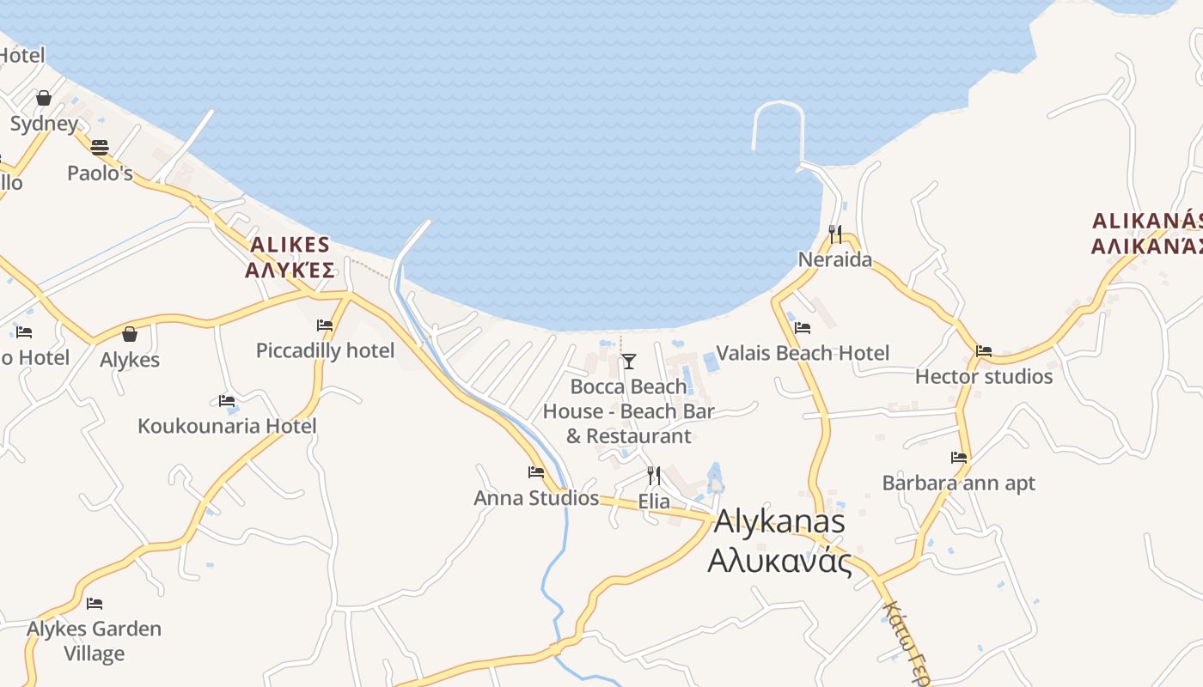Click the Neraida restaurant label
coord(834,259)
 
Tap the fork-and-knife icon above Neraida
coord(834,232)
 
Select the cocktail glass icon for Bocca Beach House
coord(628,361)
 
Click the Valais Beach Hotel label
coord(803,353)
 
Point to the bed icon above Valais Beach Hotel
coord(803,327)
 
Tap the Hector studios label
coord(983,376)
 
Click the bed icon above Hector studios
coord(984,350)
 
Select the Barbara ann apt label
coord(959,483)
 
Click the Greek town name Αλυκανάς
coord(779,562)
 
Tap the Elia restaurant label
coord(654,502)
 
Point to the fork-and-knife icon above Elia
coord(654,475)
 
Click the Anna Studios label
coord(536,498)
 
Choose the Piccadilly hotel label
coord(326,350)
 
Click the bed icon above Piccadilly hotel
coord(325,325)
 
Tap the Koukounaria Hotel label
coord(227,426)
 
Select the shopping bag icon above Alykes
coord(130,333)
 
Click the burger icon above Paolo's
coord(100,147)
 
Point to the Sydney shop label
coord(44,124)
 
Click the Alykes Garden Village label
coord(94,641)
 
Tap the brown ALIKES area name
coord(290,244)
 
